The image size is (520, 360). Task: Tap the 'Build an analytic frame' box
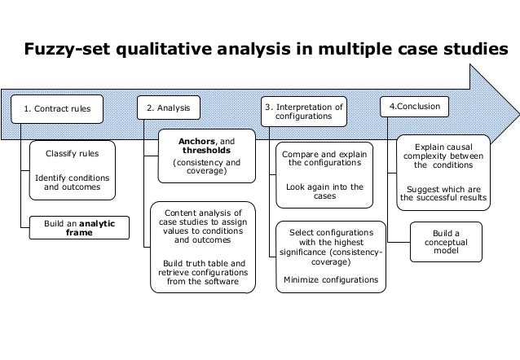coord(78,226)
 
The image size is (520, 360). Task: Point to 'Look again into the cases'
coord(324,191)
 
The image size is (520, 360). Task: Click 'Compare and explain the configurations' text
coord(324,158)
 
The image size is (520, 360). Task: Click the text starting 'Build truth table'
coord(202,272)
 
